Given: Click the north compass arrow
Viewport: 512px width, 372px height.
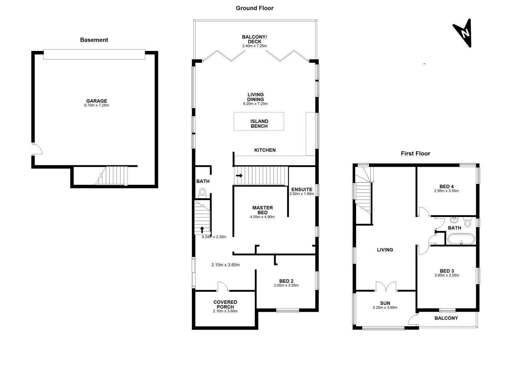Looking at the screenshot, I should [464, 33].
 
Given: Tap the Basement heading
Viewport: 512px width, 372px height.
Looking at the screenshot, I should [94, 40].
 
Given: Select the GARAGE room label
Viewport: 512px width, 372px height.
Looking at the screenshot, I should [97, 101].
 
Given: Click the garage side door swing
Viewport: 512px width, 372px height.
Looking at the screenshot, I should [37, 149].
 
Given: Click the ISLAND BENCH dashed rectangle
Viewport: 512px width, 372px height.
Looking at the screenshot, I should [259, 121].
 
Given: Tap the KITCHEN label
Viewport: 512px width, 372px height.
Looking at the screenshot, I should [265, 150].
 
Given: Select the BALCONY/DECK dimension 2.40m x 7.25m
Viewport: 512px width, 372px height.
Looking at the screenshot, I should [254, 46].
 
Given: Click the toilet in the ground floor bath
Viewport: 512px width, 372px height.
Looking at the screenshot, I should [202, 192].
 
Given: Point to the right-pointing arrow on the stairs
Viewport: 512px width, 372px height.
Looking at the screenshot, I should [239, 176].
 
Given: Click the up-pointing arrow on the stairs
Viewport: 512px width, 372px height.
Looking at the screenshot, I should [202, 229].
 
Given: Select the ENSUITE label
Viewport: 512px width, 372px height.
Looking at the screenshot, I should [302, 189].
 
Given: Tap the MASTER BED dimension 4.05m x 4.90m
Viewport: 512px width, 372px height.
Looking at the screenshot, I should [262, 217].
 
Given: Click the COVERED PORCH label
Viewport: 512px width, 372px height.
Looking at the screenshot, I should [225, 304].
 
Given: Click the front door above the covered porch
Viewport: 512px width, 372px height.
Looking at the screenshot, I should [223, 286].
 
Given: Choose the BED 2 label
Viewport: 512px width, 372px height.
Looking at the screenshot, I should [286, 281].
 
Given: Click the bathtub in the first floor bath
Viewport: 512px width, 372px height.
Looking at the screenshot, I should [461, 239].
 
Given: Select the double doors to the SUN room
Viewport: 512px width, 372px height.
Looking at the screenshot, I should [386, 287].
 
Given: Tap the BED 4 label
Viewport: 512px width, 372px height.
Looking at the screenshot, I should [446, 186].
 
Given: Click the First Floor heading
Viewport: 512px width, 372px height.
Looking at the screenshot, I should [415, 154].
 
